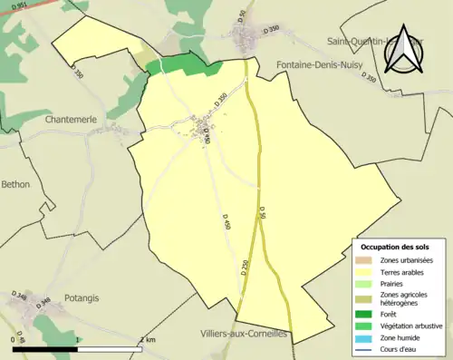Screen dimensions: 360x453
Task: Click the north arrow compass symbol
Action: coord(404,49)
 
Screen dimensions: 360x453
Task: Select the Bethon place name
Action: coord(14,184)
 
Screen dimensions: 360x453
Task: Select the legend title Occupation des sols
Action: coord(395,248)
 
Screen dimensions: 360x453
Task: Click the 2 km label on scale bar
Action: coord(149,339)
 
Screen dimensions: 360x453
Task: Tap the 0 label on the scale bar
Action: coord(14,339)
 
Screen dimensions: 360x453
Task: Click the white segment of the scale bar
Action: coord(46,348)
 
